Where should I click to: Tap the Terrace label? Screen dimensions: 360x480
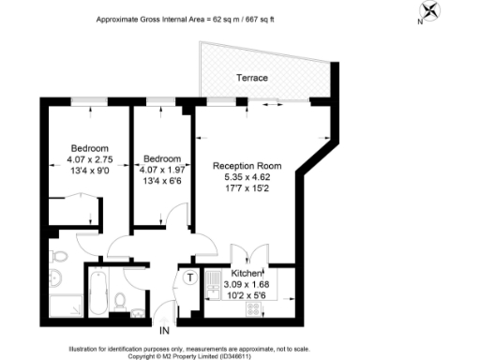click(x=252, y=77)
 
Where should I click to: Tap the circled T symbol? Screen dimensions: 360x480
click(x=189, y=277)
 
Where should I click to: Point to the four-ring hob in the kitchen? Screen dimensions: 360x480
click(x=253, y=307)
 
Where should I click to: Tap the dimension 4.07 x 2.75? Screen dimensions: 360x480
click(x=90, y=158)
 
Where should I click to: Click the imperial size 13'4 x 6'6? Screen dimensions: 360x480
click(x=160, y=179)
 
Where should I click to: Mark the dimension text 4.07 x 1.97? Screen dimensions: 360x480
click(x=160, y=169)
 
